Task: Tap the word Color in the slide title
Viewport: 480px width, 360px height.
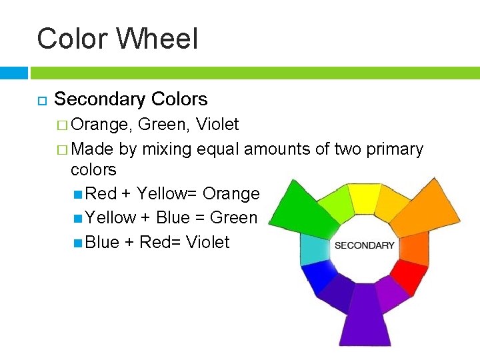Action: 73,39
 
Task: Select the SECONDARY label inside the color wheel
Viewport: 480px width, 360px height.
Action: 364,245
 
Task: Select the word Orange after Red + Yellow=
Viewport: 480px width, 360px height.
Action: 231,194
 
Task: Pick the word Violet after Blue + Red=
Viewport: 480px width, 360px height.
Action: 207,242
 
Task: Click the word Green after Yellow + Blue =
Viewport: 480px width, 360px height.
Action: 233,218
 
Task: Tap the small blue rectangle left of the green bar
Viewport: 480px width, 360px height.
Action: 13,72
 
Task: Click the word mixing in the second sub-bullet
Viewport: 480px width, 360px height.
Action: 167,149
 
